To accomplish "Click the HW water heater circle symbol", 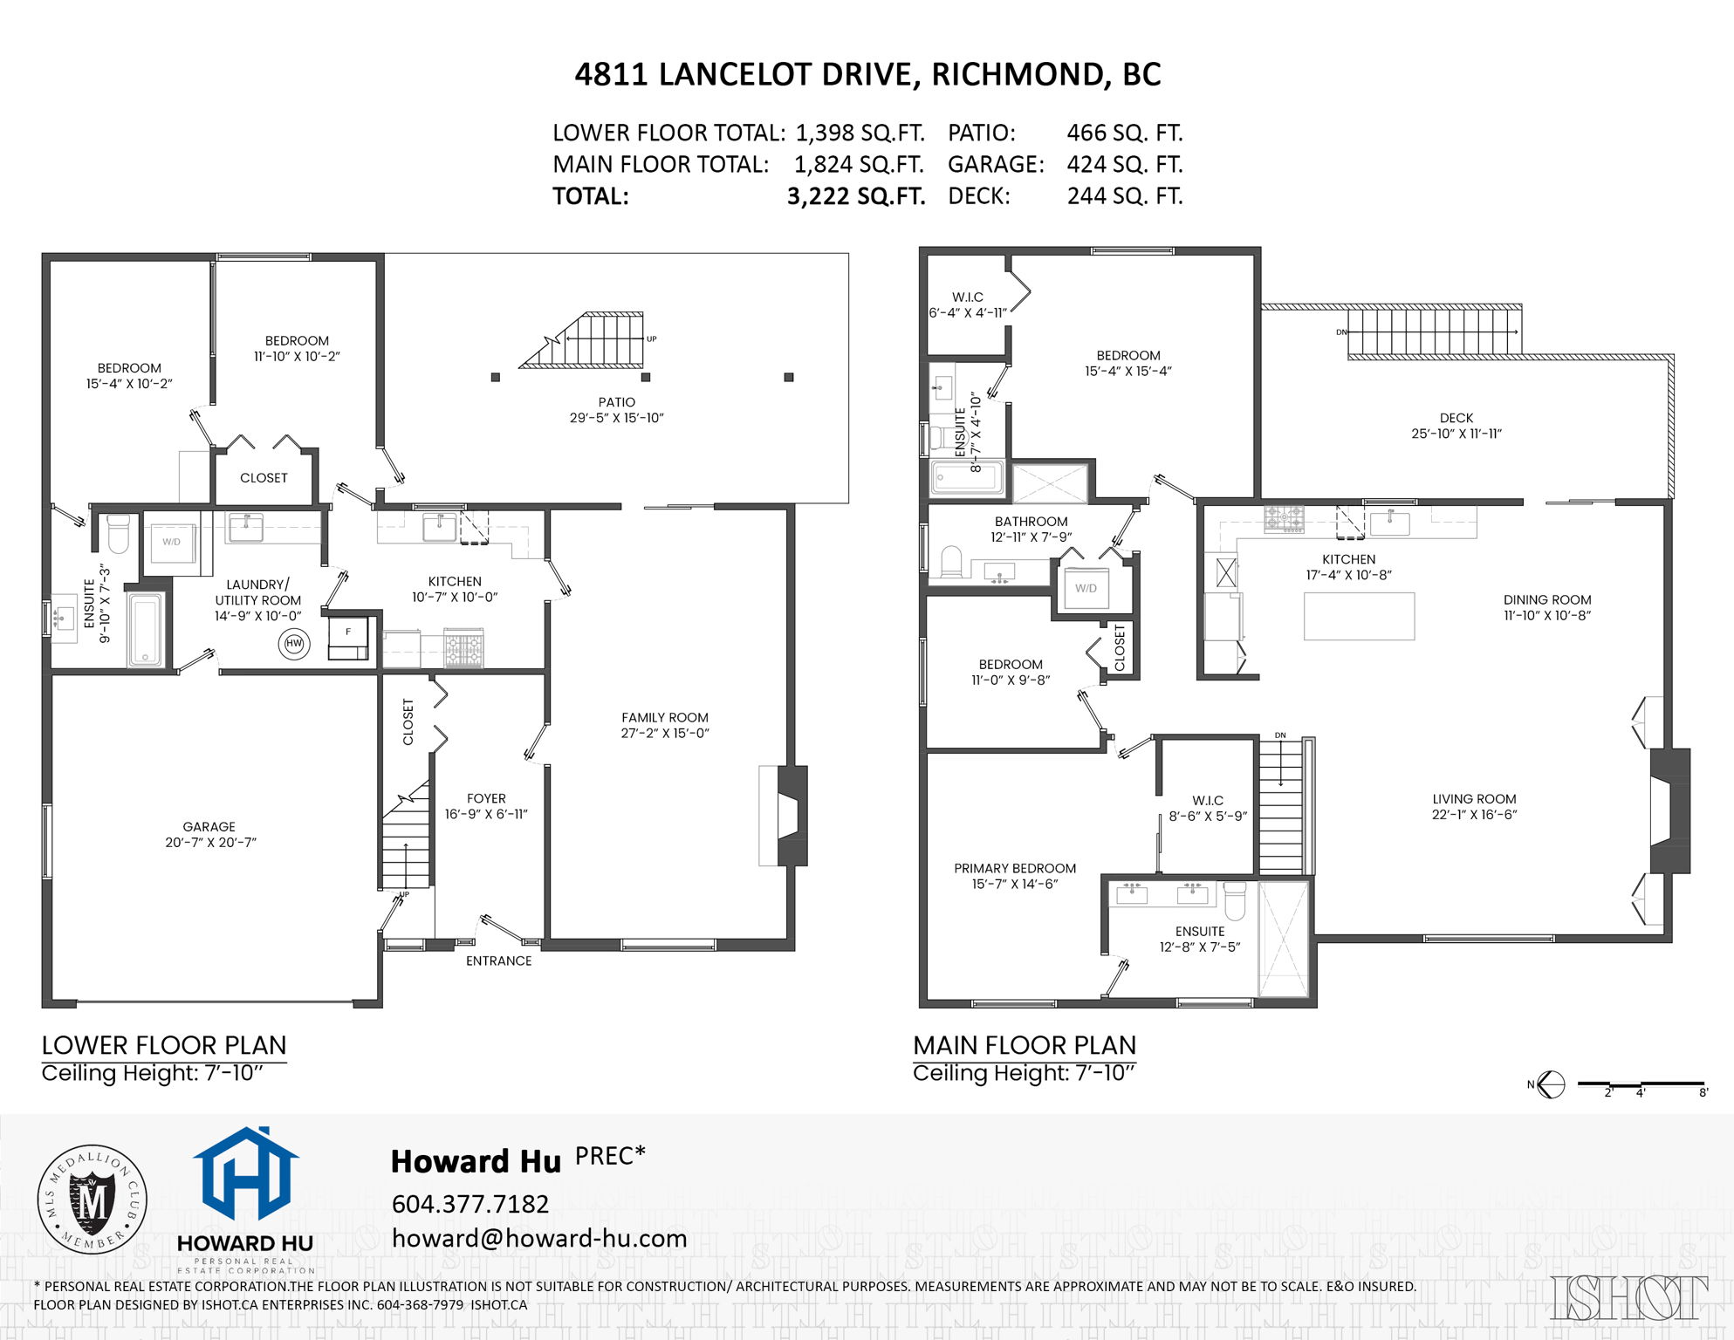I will point(294,644).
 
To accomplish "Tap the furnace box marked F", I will point(348,637).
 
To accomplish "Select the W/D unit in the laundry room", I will point(171,543).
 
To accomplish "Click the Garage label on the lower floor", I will point(209,826).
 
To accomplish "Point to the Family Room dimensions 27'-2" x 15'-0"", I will point(664,734).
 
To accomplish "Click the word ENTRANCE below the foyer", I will point(498,961).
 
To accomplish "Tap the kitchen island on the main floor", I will point(1359,616).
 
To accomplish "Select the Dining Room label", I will point(1546,599).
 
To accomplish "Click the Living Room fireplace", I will point(1668,810).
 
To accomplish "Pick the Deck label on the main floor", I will point(1456,418).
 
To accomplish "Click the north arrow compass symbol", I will point(1551,1084).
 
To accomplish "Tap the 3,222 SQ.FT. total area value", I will point(855,196).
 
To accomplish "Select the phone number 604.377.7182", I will point(469,1204).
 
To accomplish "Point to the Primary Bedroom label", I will point(1014,868).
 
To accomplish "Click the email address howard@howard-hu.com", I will point(538,1239).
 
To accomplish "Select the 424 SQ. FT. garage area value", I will point(1124,164).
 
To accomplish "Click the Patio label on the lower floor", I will point(616,402).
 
